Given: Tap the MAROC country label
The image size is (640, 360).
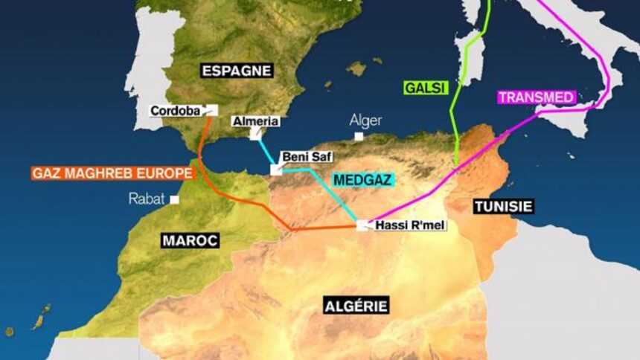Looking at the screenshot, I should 190,240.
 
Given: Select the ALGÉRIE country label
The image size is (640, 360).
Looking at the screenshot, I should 356,306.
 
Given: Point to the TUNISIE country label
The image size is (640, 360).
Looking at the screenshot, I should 504,206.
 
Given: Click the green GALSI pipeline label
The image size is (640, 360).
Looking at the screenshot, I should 425,87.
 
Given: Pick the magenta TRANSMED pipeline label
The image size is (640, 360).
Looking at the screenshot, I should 536,97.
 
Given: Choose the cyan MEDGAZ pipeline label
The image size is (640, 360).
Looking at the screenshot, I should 362,180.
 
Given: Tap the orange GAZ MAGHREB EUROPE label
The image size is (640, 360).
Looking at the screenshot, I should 112,173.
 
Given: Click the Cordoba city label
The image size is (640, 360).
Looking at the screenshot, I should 176,111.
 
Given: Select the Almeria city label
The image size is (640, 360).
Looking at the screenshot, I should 255,120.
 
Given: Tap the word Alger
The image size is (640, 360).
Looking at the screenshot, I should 365,120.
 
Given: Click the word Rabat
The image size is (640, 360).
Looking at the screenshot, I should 147,199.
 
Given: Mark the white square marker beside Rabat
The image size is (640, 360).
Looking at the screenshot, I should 174,199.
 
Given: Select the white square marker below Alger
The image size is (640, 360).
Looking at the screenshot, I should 359,137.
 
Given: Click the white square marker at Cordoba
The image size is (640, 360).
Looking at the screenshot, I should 211,109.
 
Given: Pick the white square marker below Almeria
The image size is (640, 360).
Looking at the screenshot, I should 255,135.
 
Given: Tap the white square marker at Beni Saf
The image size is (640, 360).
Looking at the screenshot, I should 275,170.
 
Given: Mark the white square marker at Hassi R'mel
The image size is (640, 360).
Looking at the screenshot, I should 362,225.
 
